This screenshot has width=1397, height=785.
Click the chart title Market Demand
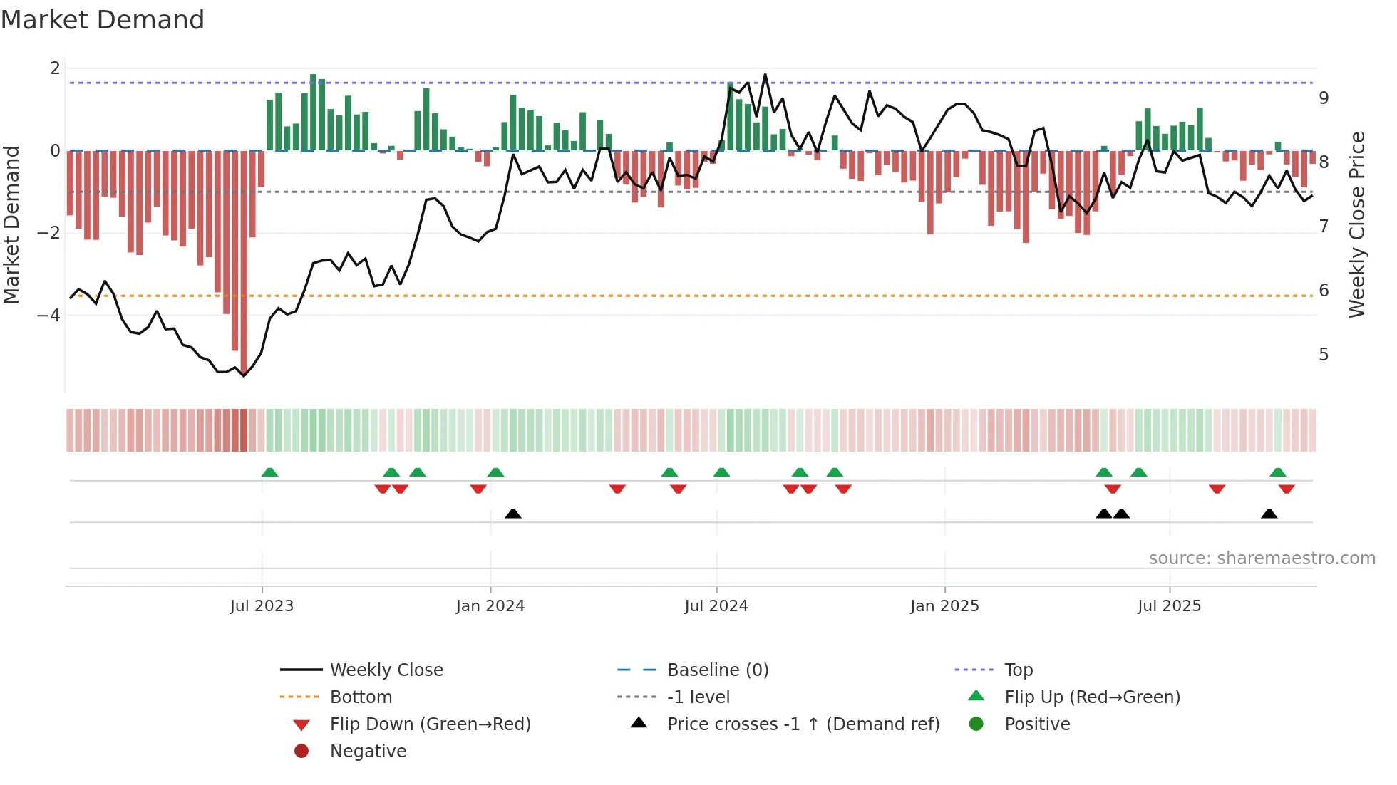103,20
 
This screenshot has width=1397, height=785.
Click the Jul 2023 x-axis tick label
262,606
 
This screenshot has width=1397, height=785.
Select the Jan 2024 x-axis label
490,606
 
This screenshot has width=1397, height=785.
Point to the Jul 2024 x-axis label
716,606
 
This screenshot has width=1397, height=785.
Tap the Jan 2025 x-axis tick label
944,606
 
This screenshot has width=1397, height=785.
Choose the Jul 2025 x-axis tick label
1170,606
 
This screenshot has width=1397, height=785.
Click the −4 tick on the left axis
48,315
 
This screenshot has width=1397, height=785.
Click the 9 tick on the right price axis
1324,98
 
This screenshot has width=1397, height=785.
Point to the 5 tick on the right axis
1324,355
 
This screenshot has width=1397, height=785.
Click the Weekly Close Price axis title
1357,224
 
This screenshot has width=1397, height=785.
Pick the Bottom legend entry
361,697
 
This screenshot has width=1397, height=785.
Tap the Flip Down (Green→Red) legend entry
430,724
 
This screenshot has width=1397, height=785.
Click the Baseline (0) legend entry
718,670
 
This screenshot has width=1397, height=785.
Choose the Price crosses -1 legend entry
803,724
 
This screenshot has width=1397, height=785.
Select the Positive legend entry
1037,724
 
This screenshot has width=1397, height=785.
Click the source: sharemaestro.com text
1262,558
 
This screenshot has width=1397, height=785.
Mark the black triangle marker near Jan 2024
513,514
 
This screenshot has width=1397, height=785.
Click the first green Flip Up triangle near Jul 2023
269,472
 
